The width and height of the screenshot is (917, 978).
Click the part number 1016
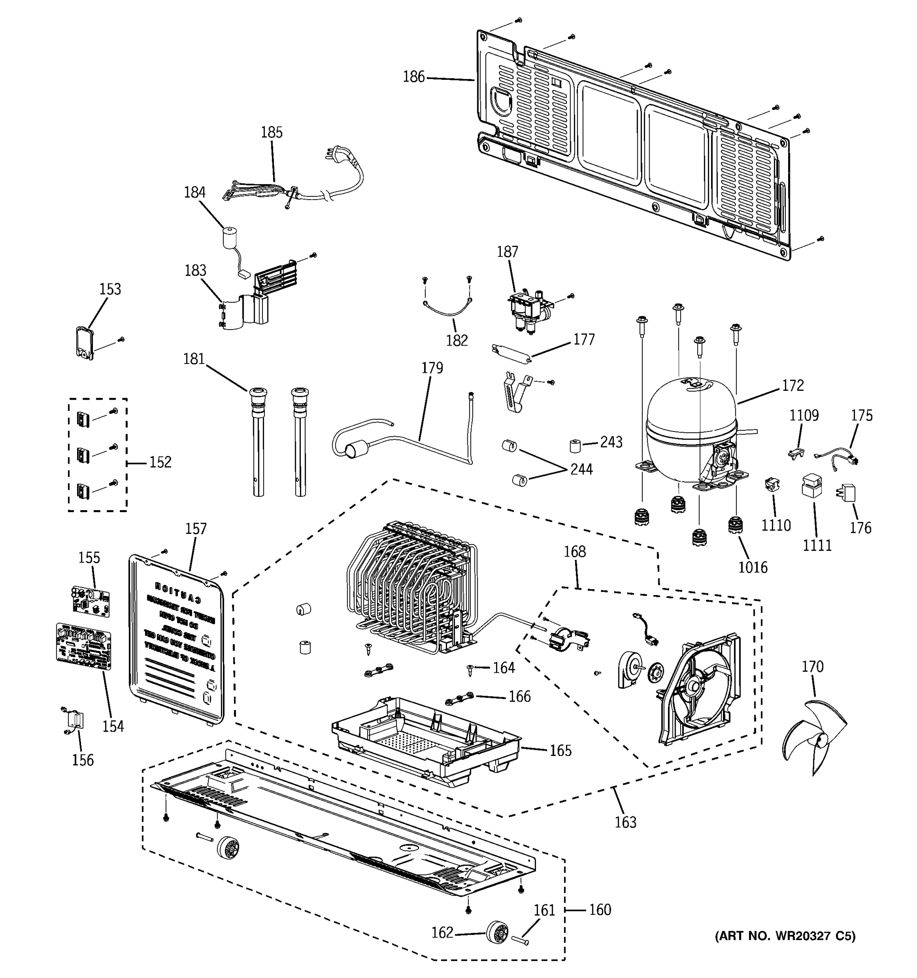(753, 567)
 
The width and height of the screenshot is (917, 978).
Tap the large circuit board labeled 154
(84, 646)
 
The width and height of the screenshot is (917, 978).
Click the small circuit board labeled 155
(90, 601)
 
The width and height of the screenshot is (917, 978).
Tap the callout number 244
(582, 469)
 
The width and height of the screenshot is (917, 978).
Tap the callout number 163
(625, 822)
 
